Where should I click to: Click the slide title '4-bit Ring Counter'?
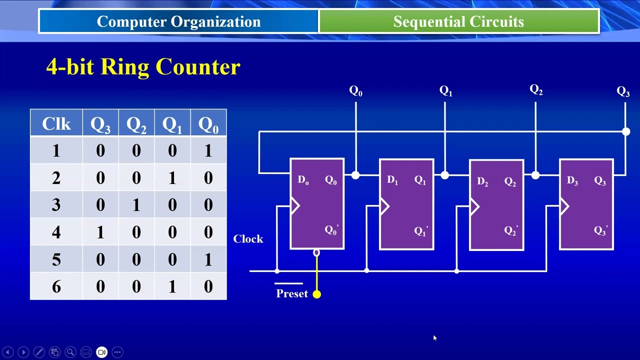(143, 66)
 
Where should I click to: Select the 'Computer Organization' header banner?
(178, 21)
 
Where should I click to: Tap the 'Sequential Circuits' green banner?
(458, 21)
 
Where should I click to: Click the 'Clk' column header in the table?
(56, 123)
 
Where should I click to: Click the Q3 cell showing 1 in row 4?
(100, 232)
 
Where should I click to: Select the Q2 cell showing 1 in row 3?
(136, 205)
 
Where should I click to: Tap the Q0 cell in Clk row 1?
(208, 151)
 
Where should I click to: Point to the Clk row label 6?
(56, 286)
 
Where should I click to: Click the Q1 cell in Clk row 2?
(172, 178)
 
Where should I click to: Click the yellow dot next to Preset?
(316, 294)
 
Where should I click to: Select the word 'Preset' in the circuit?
(291, 293)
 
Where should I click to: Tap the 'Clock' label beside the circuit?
(248, 239)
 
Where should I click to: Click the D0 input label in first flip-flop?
(303, 180)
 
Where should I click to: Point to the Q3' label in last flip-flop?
(600, 230)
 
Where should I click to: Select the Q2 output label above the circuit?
(536, 89)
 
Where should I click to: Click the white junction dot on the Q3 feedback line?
(626, 131)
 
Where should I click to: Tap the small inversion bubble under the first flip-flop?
(316, 253)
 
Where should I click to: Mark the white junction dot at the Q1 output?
(445, 175)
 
